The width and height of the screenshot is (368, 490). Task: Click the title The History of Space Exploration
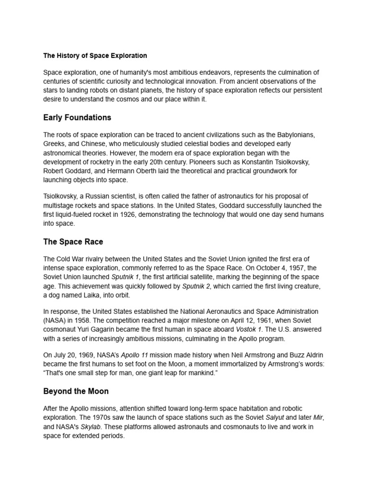[x=95, y=56]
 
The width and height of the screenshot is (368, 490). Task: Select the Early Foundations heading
[x=77, y=118]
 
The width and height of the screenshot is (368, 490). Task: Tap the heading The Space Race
[x=73, y=242]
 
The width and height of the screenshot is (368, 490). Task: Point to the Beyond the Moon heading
[x=76, y=391]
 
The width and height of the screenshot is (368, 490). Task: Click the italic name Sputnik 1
[x=126, y=277]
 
